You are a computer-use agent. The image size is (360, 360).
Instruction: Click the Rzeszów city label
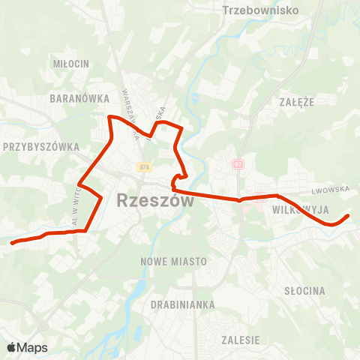(x=156, y=201)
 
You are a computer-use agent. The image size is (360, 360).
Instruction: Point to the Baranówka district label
(x=74, y=98)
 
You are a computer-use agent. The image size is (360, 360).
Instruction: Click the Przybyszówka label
(x=41, y=147)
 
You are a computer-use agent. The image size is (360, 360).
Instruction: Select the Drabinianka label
(x=183, y=305)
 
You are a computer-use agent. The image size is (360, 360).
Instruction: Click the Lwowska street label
(x=333, y=190)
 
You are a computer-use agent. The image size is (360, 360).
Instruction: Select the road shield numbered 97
(x=238, y=163)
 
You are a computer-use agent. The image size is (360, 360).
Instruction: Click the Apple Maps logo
(x=27, y=347)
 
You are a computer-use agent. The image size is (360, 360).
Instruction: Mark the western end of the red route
(x=11, y=242)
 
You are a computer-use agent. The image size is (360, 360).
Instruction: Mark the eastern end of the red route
(x=349, y=216)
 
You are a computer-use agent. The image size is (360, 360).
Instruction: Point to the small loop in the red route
(x=178, y=180)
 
